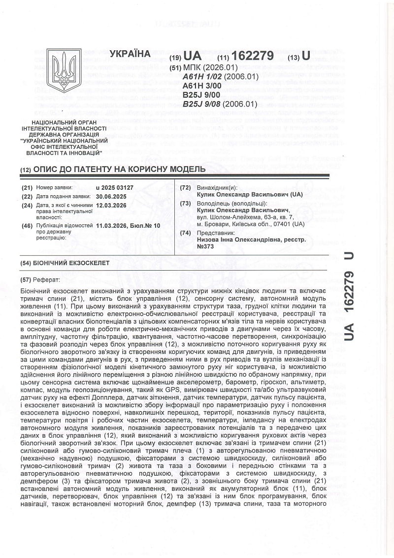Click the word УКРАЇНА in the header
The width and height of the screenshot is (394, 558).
(130, 53)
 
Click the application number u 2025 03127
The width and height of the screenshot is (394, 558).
(116, 187)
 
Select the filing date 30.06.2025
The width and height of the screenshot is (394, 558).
(112, 196)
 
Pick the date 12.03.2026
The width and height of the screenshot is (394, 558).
(112, 205)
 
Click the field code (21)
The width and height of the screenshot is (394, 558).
(28, 187)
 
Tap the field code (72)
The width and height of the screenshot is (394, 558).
(186, 187)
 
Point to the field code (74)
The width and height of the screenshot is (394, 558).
(186, 233)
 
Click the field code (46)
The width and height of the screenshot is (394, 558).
(28, 225)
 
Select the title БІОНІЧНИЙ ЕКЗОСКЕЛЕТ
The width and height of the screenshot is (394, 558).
(72, 263)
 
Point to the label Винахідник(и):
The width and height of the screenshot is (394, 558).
(217, 187)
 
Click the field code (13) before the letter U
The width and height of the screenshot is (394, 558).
(294, 58)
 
